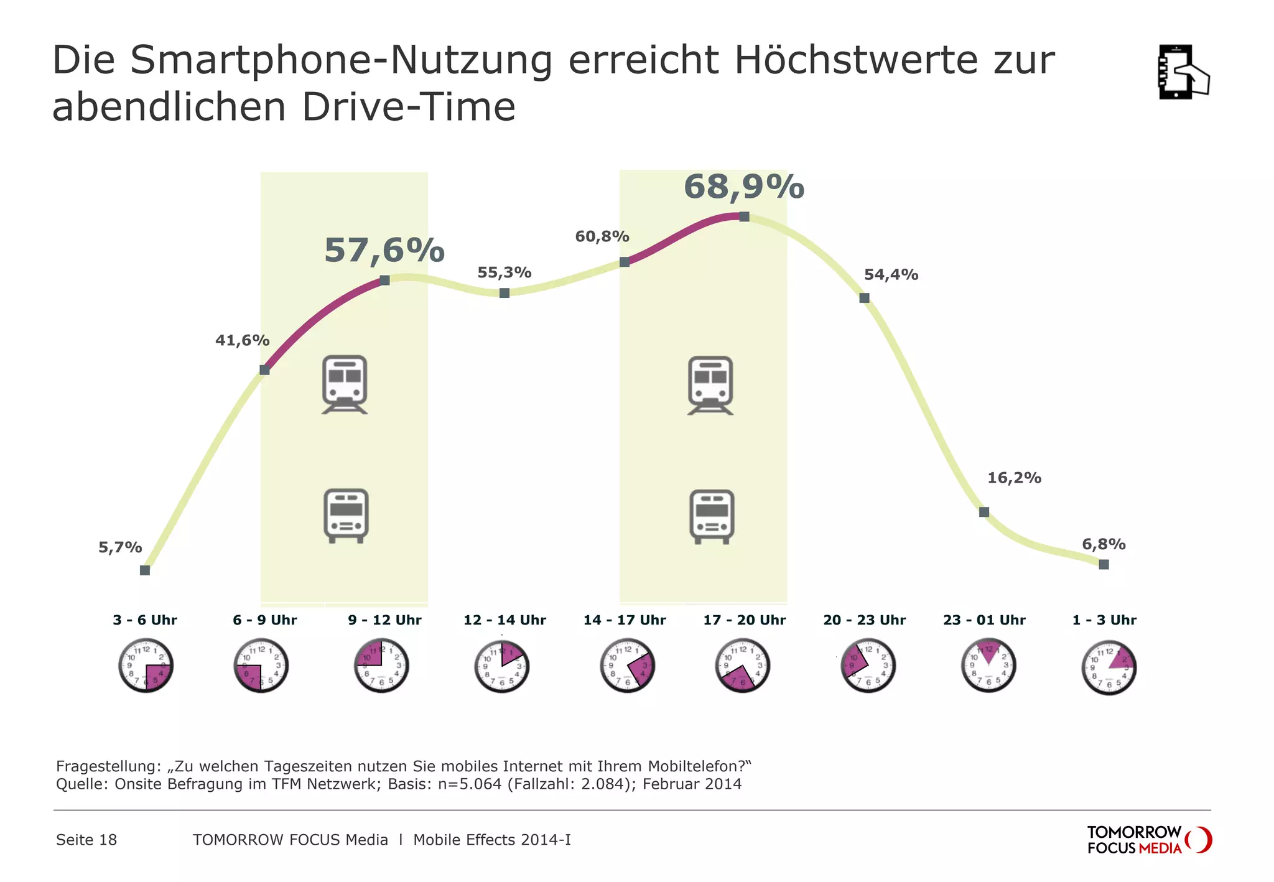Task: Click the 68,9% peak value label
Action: [x=743, y=187]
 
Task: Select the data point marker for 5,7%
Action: [x=145, y=570]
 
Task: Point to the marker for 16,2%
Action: [x=983, y=512]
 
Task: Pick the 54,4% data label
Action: [x=890, y=274]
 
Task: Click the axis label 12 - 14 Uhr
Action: [x=504, y=620]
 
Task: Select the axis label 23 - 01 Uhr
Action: [x=983, y=620]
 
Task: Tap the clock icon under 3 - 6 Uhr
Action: [x=146, y=665]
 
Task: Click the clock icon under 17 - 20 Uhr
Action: [x=742, y=665]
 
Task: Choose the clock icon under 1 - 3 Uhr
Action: [x=1109, y=667]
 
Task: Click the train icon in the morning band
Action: [x=345, y=384]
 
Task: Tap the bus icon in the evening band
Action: [x=712, y=516]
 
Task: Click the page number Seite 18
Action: [x=86, y=840]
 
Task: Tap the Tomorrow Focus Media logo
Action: [x=1148, y=840]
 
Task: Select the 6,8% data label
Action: [x=1103, y=544]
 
